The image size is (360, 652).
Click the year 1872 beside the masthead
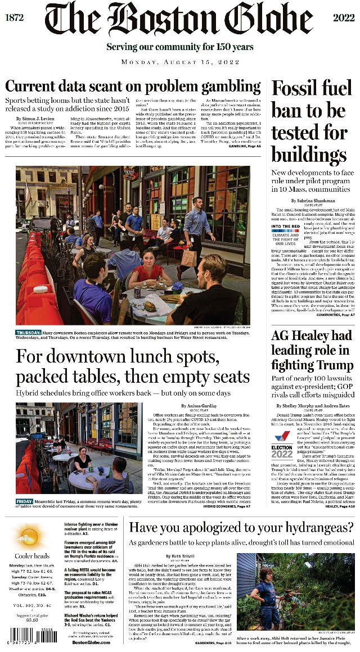tap(15, 17)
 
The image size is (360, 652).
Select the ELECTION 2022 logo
tap(282, 445)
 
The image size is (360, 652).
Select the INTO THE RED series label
tap(285, 227)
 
